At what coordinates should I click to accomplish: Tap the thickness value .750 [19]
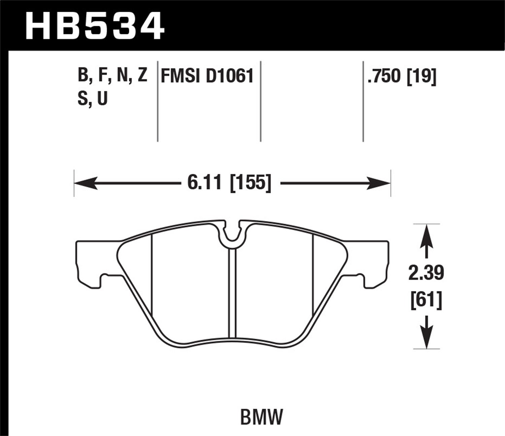click(402, 76)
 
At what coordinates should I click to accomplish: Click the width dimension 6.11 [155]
click(229, 184)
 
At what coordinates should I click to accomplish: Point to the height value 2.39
click(426, 273)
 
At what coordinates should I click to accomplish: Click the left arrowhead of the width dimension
click(84, 184)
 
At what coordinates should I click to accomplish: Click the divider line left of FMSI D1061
click(158, 101)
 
